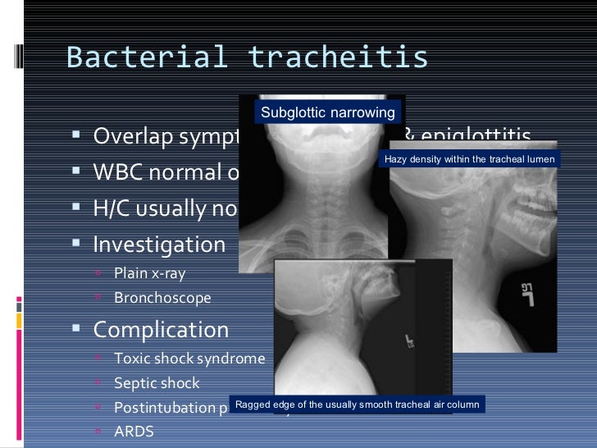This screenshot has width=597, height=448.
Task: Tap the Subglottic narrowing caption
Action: [x=327, y=112]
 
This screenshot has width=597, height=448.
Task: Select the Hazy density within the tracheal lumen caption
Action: [x=469, y=159]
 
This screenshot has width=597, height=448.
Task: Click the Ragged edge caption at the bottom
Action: [x=356, y=405]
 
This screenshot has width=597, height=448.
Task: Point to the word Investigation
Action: [x=159, y=245]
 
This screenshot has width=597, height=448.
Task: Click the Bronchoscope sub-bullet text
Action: [x=162, y=298]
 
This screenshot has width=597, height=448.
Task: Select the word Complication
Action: [x=161, y=330]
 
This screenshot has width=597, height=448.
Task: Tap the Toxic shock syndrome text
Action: [x=189, y=359]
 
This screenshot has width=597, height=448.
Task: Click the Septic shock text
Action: [x=157, y=383]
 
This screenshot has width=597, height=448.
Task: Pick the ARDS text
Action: [x=134, y=431]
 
